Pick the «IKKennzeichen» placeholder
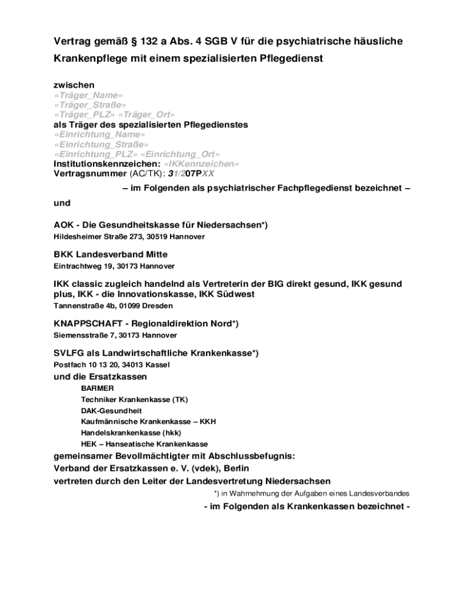pyautogui.click(x=201, y=164)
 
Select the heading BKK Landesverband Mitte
pyautogui.click(x=111, y=255)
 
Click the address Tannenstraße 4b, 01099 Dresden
pyautogui.click(x=113, y=306)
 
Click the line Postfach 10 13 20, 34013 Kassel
pyautogui.click(x=112, y=364)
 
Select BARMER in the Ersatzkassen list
pyautogui.click(x=98, y=389)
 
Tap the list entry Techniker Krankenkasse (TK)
pyautogui.click(x=134, y=400)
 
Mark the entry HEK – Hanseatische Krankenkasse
pyautogui.click(x=144, y=444)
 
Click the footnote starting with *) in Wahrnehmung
pyautogui.click(x=311, y=494)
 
